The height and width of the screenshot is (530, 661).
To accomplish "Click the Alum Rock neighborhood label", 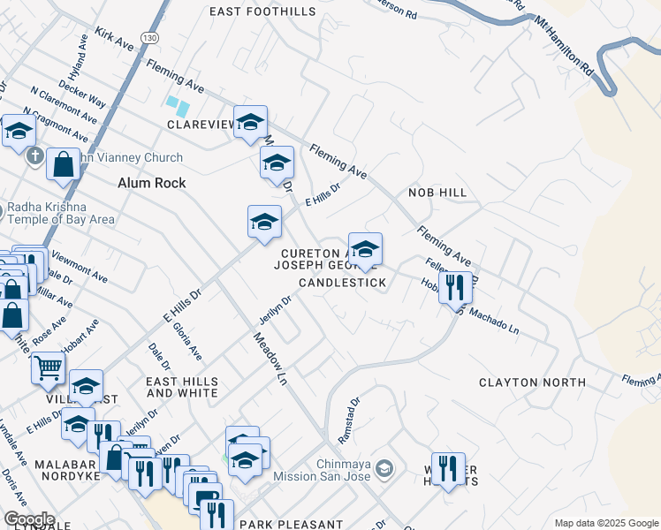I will coord(152,183).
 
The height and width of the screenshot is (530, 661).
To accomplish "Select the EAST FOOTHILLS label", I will coord(262,11).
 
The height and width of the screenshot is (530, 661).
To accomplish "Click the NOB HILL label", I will coord(437,192).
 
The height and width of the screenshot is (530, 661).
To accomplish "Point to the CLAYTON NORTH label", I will coord(532,382).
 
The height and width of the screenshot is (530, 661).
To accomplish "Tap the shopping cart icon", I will coord(49,367).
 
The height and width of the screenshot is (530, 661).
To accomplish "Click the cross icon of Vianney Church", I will coord(34,157).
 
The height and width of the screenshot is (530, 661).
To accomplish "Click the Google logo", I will coord(28,519).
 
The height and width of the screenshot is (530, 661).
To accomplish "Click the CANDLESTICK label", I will coord(342,283).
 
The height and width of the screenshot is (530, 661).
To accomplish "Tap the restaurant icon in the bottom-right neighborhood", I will coord(448,468).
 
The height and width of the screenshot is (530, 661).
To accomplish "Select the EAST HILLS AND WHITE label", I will coord(182,387).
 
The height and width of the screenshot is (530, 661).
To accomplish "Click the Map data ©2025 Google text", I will coord(605,523).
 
